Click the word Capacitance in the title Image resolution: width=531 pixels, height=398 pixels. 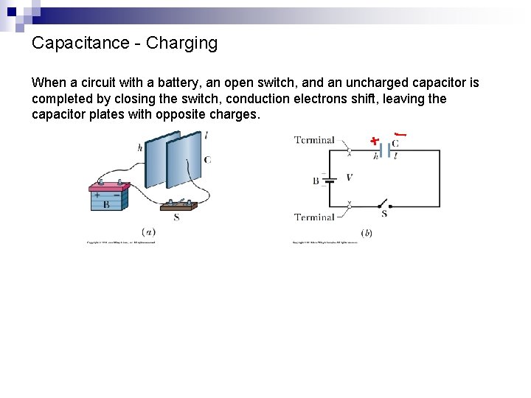click(81, 43)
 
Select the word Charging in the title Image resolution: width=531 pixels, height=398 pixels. click(182, 43)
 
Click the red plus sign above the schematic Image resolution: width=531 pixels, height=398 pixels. click(375, 139)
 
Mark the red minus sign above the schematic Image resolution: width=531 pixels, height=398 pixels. click(400, 134)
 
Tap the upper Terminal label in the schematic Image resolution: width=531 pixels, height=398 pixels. click(314, 139)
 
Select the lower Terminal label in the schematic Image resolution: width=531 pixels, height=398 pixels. click(314, 217)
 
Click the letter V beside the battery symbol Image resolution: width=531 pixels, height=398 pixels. click(349, 178)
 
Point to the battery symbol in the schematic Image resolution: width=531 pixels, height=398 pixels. click(330, 179)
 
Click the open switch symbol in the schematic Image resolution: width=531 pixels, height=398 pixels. click(383, 204)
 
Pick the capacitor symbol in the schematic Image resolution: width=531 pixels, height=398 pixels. click(384, 150)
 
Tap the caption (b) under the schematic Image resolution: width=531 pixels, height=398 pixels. click(366, 233)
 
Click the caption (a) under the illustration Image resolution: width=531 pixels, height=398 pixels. click(148, 231)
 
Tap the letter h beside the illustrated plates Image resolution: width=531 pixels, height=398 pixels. click(140, 147)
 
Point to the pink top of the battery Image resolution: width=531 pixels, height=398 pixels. click(110, 187)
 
